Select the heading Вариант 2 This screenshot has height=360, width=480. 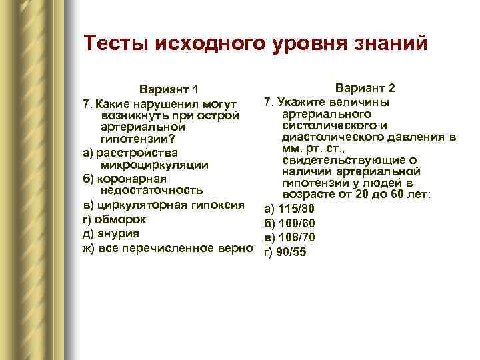click(x=365, y=88)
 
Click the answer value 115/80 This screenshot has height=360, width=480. click(x=295, y=209)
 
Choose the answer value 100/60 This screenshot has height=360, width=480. click(x=295, y=223)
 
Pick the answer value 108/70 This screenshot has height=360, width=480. click(x=295, y=237)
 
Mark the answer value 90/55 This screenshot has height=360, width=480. click(x=291, y=252)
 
